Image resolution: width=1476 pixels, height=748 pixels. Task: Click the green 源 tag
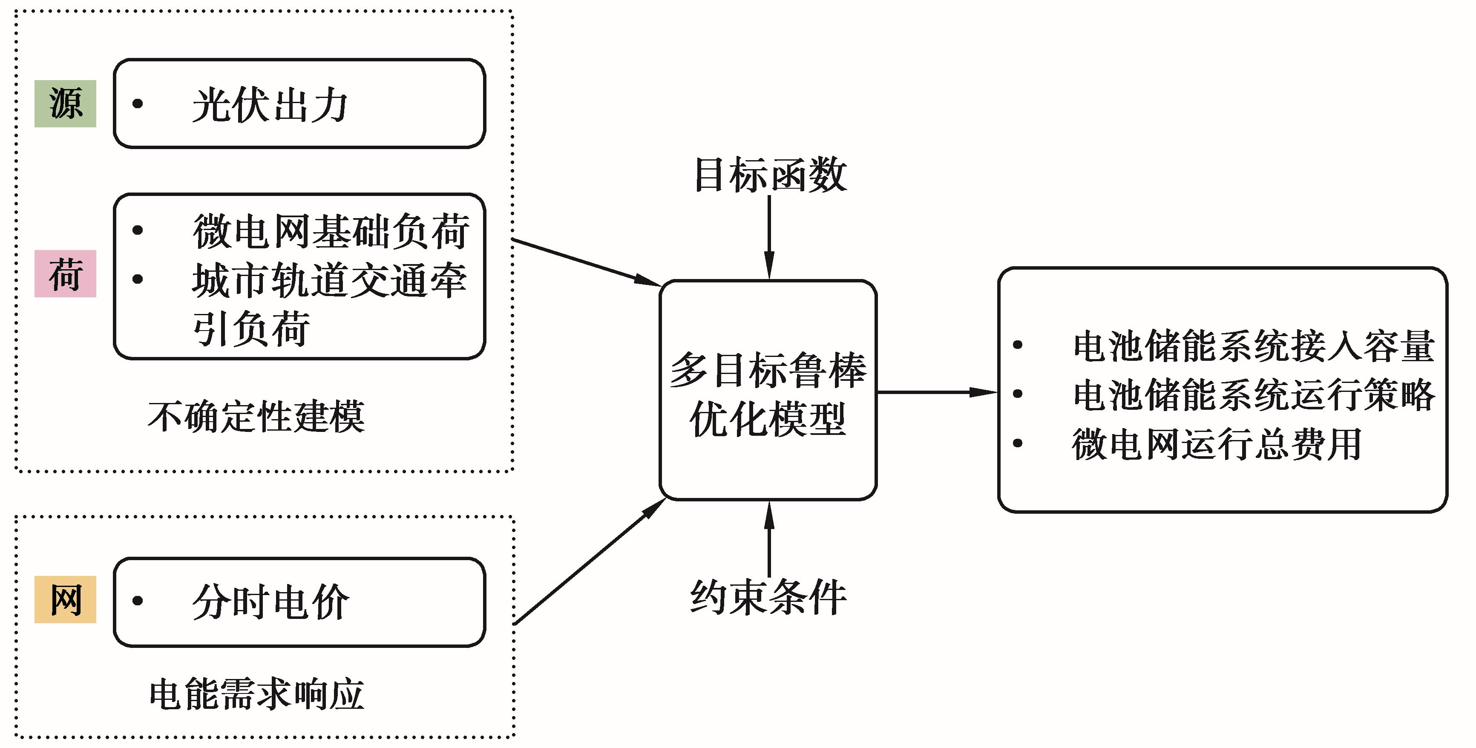pos(65,104)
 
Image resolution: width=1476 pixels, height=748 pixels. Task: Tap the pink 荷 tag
pos(65,274)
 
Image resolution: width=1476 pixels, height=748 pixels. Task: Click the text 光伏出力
pos(269,106)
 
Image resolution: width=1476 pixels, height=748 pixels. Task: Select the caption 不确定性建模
pos(256,417)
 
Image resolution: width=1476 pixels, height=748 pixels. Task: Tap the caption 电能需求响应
pos(256,695)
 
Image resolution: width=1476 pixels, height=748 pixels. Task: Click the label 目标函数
pos(769,175)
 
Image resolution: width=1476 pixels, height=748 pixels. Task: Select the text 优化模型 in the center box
pos(768,420)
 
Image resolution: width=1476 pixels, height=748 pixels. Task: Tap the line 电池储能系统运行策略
pos(1254,395)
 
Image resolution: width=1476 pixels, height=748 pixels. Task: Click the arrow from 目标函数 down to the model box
pos(769,238)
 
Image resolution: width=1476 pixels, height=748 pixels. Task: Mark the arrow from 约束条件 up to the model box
pos(769,539)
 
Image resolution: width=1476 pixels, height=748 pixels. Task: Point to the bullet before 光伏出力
pos(138,104)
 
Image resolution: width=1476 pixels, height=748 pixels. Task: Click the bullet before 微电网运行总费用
pos(1018,443)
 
